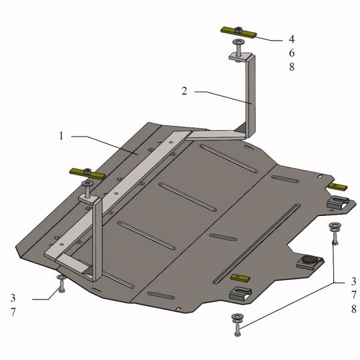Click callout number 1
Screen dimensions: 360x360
pyautogui.click(x=61, y=136)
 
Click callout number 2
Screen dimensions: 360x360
pyautogui.click(x=185, y=91)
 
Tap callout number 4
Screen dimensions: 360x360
pyautogui.click(x=291, y=39)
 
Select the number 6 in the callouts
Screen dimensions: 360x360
pyautogui.click(x=291, y=53)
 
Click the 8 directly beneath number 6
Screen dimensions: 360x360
pyautogui.click(x=291, y=67)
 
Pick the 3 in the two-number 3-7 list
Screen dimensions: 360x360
pyautogui.click(x=13, y=298)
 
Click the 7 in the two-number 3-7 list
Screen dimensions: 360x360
pyautogui.click(x=13, y=312)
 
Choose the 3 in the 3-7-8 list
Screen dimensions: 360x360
pyautogui.click(x=353, y=281)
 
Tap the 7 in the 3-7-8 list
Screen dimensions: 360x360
pyautogui.click(x=353, y=295)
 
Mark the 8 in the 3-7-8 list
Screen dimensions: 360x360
pyautogui.click(x=353, y=309)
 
